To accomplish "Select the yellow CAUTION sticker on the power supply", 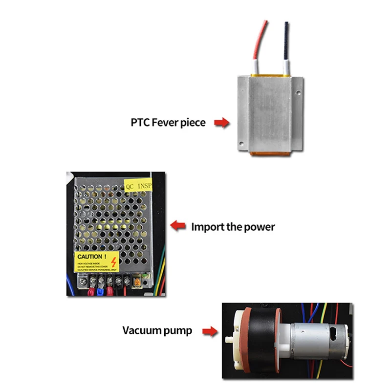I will [97, 262].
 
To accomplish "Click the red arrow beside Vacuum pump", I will [210, 331].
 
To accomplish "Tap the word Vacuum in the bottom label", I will [140, 331].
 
